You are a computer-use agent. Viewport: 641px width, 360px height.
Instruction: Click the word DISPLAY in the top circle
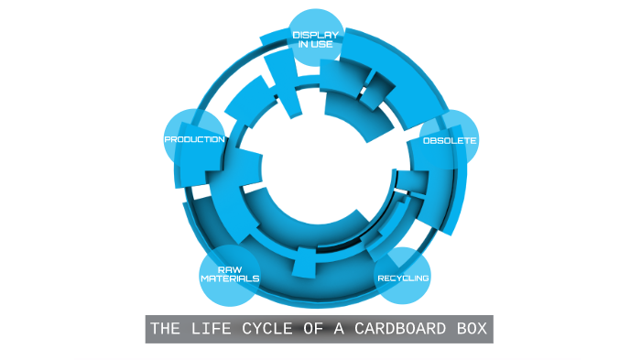(x=315, y=35)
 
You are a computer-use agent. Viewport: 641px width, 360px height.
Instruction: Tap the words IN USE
(x=315, y=43)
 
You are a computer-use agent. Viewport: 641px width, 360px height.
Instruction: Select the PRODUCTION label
(x=194, y=139)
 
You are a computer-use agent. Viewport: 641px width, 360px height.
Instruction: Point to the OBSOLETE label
(x=449, y=140)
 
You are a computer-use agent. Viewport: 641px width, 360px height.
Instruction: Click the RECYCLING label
(x=403, y=278)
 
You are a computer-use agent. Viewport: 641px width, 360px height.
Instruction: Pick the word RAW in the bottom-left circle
(x=229, y=269)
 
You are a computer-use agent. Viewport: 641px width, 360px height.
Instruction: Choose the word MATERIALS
(x=229, y=278)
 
